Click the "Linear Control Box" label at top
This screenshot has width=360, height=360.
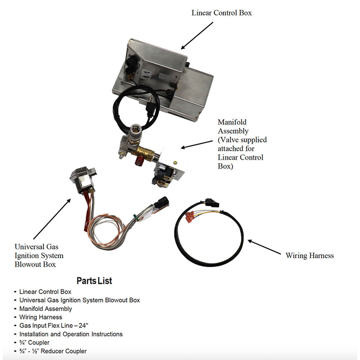221,13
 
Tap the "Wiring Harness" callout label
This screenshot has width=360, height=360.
310,256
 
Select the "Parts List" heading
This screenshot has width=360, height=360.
94,281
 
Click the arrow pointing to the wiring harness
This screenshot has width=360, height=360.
264,248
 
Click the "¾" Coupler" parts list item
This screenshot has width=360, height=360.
34,343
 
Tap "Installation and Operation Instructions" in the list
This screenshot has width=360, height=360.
71,334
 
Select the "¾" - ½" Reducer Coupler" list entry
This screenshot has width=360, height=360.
53,351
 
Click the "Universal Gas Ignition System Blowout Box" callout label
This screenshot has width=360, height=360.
39,256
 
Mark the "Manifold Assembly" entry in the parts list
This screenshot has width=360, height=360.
45,309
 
